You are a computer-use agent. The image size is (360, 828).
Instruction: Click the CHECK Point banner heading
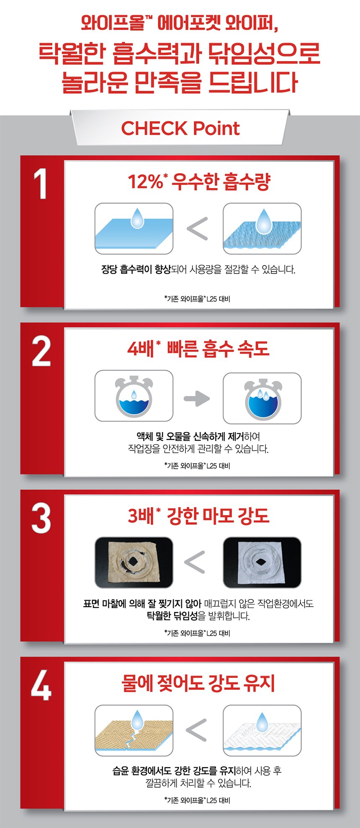(180, 128)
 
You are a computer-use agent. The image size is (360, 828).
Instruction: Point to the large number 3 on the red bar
(41, 518)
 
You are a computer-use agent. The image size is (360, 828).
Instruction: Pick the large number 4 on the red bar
(41, 685)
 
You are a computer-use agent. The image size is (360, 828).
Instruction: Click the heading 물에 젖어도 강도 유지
(198, 683)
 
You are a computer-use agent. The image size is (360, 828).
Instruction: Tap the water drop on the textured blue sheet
(264, 221)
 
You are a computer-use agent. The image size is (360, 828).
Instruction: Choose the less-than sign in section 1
(197, 229)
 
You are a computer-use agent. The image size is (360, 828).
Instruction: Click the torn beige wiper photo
(134, 562)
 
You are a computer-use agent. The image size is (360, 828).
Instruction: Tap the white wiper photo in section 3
(262, 562)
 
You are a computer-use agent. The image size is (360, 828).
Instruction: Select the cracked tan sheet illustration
(134, 731)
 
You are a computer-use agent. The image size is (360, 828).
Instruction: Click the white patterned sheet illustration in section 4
(262, 731)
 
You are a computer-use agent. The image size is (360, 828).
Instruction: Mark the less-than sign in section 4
(196, 730)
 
